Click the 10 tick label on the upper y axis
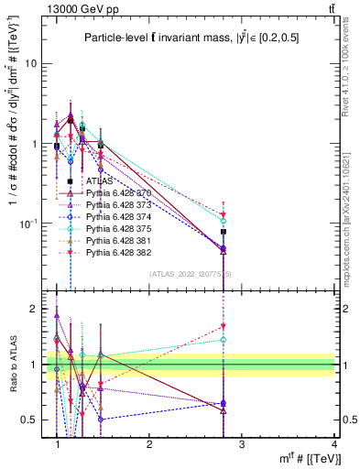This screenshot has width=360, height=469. coord(32,64)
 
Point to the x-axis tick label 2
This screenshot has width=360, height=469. coord(149,444)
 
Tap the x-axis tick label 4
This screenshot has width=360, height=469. coord(334,444)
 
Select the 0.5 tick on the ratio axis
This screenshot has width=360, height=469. coord(30,420)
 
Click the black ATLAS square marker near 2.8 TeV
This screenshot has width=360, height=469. coord(224,232)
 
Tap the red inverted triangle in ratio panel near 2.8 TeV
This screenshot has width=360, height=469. coord(224,325)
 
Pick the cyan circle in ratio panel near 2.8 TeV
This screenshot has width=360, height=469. coord(224,339)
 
